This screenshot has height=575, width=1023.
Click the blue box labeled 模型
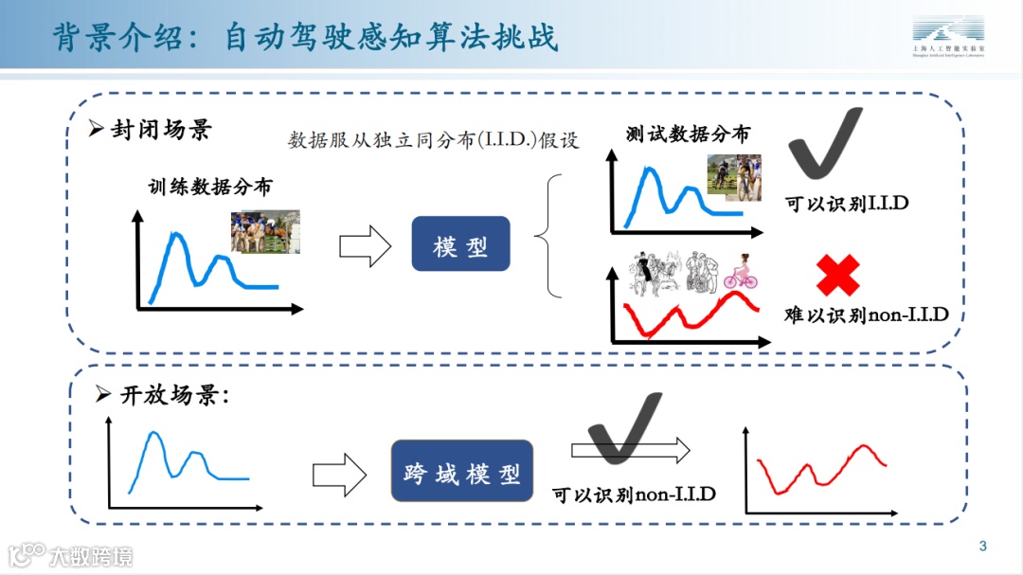click(460, 244)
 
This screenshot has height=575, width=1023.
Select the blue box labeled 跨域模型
click(461, 471)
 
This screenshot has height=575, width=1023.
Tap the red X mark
click(838, 276)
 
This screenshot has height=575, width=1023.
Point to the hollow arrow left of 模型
click(365, 246)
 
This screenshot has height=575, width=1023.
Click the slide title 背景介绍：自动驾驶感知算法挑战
click(305, 36)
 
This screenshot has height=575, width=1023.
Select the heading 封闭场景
click(158, 129)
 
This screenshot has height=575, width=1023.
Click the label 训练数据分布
click(209, 187)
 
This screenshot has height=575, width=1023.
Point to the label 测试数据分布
click(688, 134)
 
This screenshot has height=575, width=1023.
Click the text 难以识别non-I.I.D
click(866, 314)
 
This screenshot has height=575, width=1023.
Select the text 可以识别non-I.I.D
click(634, 494)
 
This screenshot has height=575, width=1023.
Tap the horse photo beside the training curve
click(265, 232)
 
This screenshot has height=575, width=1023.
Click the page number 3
click(982, 546)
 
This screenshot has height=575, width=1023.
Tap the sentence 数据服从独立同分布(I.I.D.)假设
click(433, 140)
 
